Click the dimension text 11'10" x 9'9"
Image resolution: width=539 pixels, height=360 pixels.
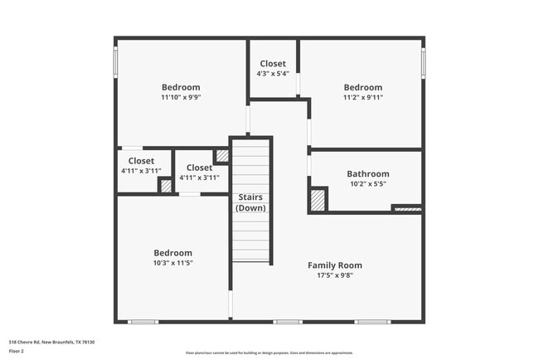click(181, 97)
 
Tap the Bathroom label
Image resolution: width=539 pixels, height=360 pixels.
click(367, 174)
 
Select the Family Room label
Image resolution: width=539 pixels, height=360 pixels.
click(335, 265)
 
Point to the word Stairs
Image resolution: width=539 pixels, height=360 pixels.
click(250, 197)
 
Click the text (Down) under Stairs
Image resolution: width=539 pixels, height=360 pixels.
click(250, 207)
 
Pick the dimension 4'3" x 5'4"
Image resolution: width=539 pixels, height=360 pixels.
click(273, 74)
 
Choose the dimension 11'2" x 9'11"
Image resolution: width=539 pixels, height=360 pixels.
click(363, 97)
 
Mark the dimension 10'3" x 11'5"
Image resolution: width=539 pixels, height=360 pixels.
click(172, 263)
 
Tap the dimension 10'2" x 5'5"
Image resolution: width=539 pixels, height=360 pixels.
click(367, 184)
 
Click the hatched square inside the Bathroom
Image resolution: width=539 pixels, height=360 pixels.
click(318, 200)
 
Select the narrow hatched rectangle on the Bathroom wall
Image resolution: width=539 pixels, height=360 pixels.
click(407, 209)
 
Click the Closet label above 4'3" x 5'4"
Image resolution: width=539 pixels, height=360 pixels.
click(273, 64)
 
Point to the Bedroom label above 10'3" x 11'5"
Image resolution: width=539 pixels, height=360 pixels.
click(172, 253)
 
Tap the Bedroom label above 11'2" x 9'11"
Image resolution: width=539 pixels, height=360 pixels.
click(363, 87)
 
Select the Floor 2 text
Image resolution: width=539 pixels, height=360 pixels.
click(17, 352)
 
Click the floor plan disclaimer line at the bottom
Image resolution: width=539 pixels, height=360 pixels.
click(269, 353)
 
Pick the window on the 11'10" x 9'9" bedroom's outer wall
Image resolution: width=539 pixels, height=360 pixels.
click(115, 62)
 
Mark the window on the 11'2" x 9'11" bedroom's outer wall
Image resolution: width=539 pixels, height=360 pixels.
click(423, 62)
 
